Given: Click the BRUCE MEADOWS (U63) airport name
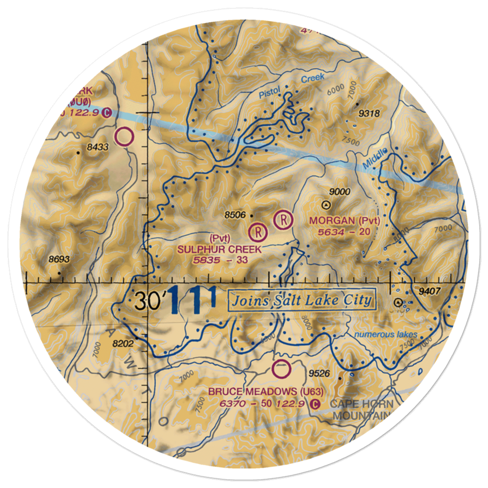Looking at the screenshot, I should [x=266, y=391].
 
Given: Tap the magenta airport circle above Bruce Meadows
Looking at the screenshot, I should [x=281, y=369].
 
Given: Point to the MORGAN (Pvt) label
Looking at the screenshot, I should [x=344, y=221].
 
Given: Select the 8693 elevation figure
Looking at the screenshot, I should [x=59, y=259].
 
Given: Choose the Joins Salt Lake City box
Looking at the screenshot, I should [x=302, y=300].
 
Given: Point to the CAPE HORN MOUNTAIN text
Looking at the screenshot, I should [x=361, y=410].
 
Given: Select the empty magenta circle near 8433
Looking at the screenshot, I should [x=124, y=136].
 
